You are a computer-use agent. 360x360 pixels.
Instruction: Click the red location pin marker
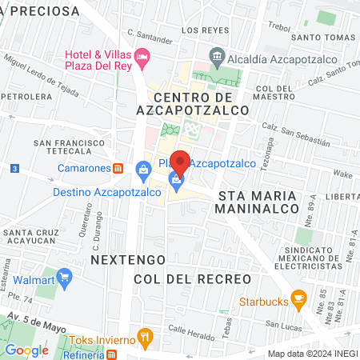pos(182,163)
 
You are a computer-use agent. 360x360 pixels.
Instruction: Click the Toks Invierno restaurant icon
pos(144,336)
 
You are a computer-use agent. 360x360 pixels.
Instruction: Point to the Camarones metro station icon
pos(118,169)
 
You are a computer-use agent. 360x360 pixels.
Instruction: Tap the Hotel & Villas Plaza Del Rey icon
pos(142,55)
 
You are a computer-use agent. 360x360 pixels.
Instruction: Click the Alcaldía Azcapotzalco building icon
pos(216,55)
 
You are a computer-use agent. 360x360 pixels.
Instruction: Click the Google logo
pos(26,350)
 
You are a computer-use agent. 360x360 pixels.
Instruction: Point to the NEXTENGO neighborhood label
pos(128,261)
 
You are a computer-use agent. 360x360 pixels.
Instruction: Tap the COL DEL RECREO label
pos(192,279)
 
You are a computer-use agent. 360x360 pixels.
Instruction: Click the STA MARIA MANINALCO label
pos(257,203)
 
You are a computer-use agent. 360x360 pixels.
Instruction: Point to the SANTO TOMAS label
pos(322,37)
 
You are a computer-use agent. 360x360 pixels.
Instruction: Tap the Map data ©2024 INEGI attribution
pos(311,353)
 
